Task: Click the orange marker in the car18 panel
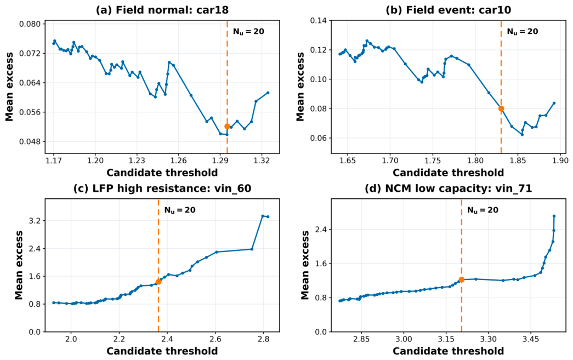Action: click(x=227, y=127)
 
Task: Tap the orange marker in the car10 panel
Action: click(x=501, y=108)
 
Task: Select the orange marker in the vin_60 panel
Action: click(x=158, y=282)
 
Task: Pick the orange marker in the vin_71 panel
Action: click(x=461, y=279)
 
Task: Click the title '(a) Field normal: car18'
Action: click(x=162, y=9)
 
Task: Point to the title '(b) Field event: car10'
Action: click(x=449, y=9)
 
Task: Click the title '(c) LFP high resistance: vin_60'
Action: click(x=162, y=188)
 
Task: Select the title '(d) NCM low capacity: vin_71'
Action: click(x=449, y=188)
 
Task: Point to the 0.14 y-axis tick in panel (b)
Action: click(x=319, y=20)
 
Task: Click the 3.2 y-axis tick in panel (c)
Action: click(x=35, y=221)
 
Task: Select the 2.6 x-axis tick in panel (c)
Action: click(x=215, y=340)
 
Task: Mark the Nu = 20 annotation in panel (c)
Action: click(x=180, y=210)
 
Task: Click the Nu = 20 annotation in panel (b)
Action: click(x=523, y=31)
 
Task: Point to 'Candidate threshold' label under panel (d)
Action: click(x=449, y=351)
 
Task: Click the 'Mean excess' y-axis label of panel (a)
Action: click(x=9, y=87)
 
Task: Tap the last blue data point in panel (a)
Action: click(x=268, y=93)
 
